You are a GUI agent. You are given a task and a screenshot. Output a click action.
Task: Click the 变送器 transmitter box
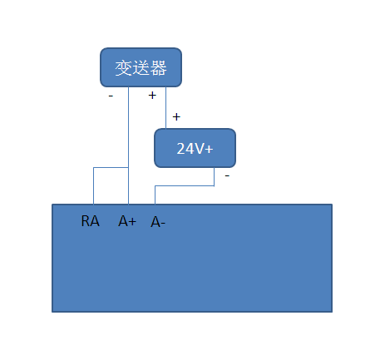coord(141,67)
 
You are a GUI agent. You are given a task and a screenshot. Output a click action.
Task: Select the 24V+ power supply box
coord(195,148)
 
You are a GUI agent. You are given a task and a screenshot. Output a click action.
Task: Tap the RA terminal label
coord(91,221)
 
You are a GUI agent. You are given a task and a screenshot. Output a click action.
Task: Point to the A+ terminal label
coord(127,221)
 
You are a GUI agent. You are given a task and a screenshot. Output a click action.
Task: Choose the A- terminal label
coord(158,222)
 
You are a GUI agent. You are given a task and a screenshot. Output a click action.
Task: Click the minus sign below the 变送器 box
coord(111,96)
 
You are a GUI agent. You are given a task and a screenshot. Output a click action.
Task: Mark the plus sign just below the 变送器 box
coord(152,95)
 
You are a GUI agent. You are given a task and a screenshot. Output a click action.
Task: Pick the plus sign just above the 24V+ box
coord(176,116)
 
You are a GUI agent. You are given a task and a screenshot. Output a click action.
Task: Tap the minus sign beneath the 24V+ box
coord(227,176)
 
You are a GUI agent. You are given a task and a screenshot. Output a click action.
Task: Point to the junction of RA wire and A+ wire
coord(128,168)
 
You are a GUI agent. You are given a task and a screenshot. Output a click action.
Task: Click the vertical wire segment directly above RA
coord(93,186)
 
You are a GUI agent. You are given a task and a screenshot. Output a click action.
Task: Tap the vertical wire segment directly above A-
coord(155,195)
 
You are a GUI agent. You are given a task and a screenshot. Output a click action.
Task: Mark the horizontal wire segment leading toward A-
coord(185,186)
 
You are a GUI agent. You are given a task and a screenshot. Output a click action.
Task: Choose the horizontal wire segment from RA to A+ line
coord(111,168)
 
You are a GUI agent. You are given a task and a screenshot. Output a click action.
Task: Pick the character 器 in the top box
coord(158,67)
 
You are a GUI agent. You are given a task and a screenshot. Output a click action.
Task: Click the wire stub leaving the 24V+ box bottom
coord(215,176)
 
